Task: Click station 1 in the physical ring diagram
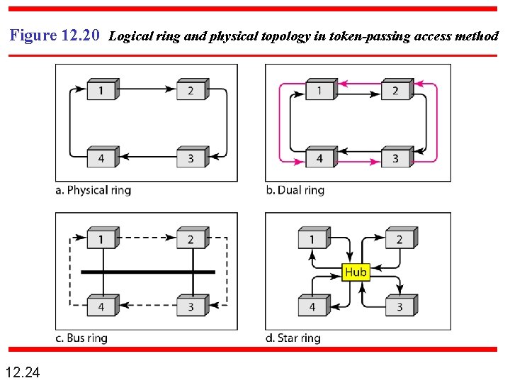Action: [101, 90]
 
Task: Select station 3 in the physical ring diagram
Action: [191, 157]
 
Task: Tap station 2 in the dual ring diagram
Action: [395, 90]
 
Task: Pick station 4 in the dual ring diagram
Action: [319, 157]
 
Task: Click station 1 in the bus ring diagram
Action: [101, 239]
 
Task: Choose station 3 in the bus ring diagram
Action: [191, 306]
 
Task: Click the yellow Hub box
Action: [356, 272]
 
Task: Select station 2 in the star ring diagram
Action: [399, 239]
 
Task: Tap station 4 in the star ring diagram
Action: [312, 306]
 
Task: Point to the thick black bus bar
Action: [147, 272]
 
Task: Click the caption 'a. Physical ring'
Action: [93, 190]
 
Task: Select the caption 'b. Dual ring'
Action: [295, 190]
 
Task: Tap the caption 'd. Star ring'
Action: [293, 338]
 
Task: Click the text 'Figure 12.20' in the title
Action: [55, 35]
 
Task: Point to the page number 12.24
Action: [23, 372]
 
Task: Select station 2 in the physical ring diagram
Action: [191, 90]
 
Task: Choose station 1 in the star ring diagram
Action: [312, 239]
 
